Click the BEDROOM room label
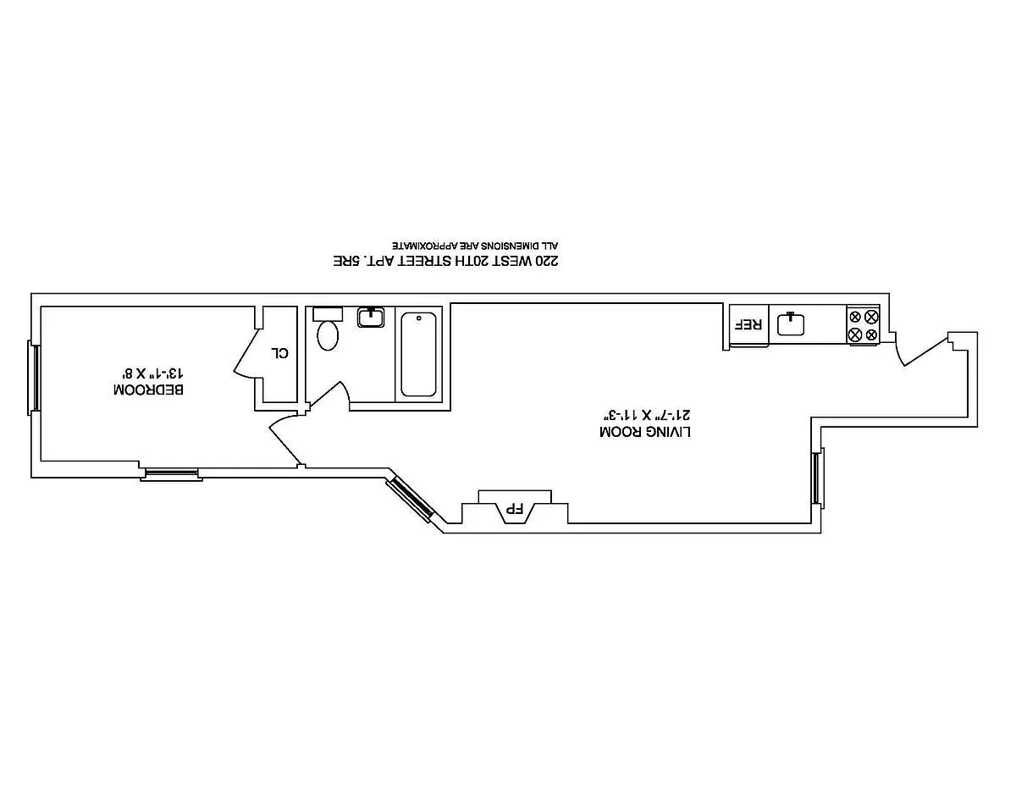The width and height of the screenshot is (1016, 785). [x=148, y=390]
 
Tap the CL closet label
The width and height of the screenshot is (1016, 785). [x=280, y=352]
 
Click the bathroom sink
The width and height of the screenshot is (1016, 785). [x=371, y=318]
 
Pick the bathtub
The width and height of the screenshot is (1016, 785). [x=419, y=354]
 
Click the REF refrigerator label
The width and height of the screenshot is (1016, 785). [x=749, y=324]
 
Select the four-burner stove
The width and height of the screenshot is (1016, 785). [x=864, y=325]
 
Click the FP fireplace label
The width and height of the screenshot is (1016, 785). [x=513, y=509]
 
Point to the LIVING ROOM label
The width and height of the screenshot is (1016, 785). [x=645, y=432]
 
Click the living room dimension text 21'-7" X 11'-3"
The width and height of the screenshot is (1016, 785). [x=645, y=414]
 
